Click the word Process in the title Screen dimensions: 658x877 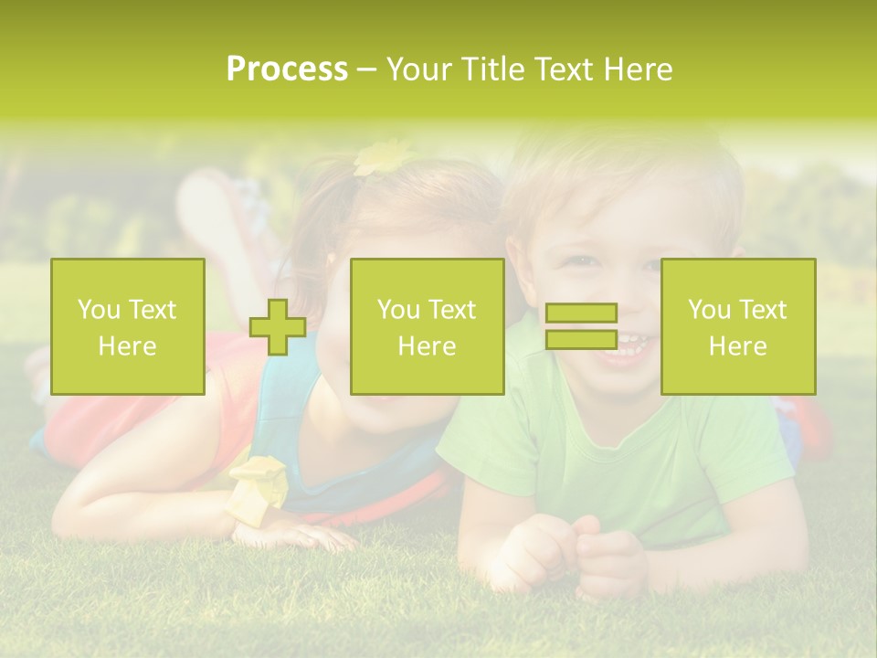tap(287, 69)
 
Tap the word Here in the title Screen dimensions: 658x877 tap(638, 69)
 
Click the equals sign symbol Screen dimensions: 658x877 tap(581, 326)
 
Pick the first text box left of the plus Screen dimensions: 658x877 tap(128, 326)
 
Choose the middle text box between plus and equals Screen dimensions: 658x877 tap(427, 326)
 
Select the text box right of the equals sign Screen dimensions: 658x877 tap(738, 326)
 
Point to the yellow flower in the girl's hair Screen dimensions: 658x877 tap(382, 157)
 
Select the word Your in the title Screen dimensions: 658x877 tap(419, 69)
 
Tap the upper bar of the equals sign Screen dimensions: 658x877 tap(581, 313)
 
